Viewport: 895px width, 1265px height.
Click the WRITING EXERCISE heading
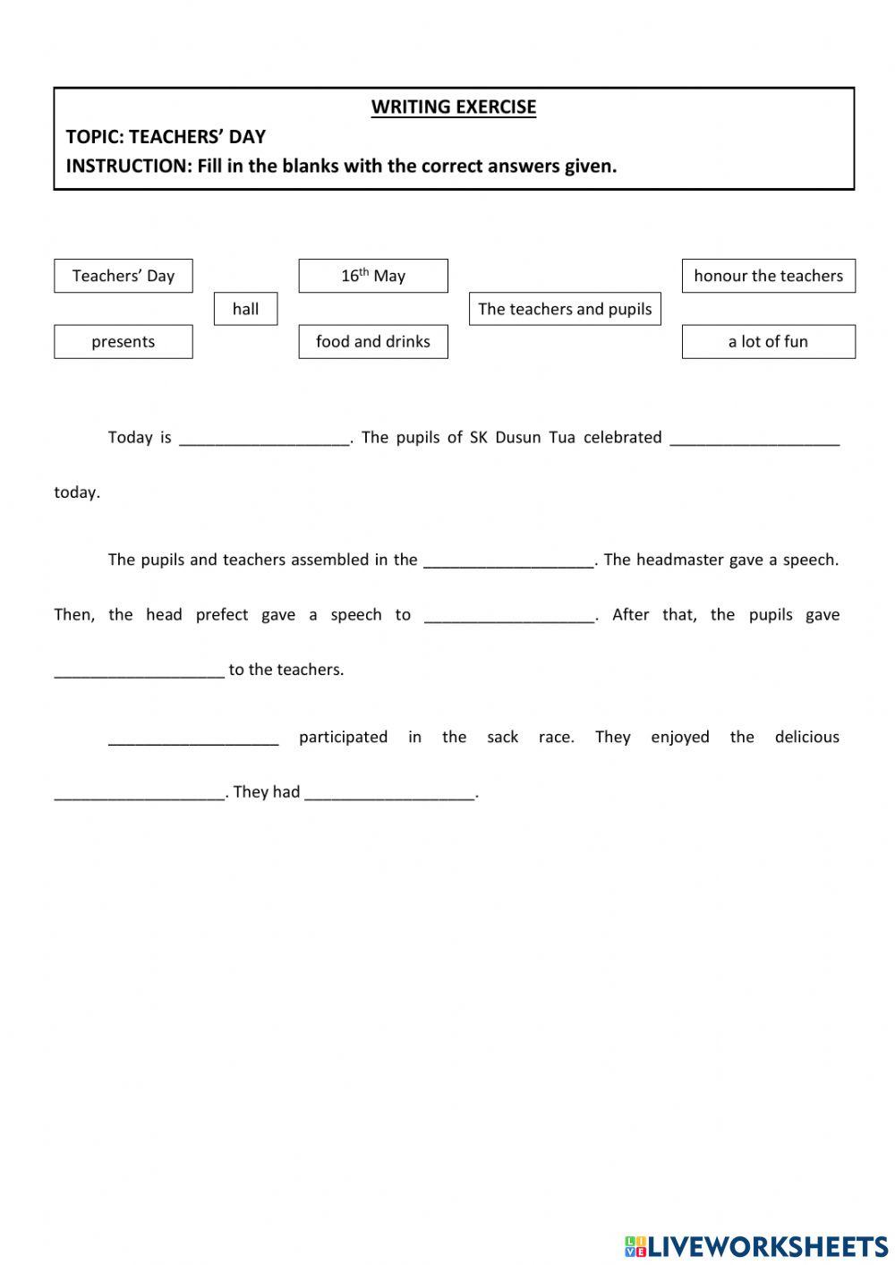(x=454, y=107)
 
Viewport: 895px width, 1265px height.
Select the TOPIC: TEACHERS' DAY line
(x=166, y=136)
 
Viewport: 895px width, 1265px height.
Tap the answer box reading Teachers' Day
(x=124, y=276)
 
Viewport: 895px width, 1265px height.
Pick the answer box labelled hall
(x=245, y=309)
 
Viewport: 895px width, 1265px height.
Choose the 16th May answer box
(x=373, y=276)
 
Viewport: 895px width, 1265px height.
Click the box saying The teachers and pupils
(x=565, y=309)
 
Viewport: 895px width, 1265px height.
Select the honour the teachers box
(x=768, y=276)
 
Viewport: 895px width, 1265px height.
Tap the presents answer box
(x=124, y=341)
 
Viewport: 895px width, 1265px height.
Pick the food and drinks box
(x=373, y=341)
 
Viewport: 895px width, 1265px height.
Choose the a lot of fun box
(x=768, y=341)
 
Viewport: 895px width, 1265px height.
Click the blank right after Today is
(x=264, y=438)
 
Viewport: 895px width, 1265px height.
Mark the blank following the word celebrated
(x=754, y=438)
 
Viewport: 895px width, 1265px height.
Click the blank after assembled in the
(x=508, y=560)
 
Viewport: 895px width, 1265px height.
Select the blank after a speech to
(x=509, y=615)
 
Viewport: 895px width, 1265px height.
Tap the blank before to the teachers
(x=139, y=670)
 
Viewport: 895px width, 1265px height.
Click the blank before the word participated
(x=193, y=738)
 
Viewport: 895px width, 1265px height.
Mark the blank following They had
(x=389, y=792)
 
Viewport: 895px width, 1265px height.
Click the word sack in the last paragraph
(x=502, y=737)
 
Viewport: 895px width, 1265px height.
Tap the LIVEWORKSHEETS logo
(x=756, y=1245)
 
